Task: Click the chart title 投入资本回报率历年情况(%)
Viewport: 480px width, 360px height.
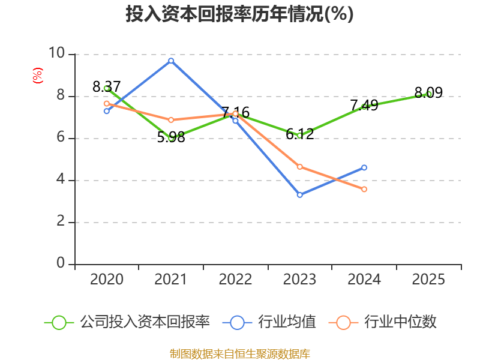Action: pos(239,14)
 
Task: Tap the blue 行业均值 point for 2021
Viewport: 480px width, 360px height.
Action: pos(171,61)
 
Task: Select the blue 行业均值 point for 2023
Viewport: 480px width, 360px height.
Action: pos(299,194)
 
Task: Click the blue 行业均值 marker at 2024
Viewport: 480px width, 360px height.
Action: pos(364,167)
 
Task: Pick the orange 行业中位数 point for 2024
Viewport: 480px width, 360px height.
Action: pos(364,189)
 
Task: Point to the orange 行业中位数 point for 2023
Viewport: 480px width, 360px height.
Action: pos(299,167)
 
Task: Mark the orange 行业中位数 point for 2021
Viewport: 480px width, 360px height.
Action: pos(171,119)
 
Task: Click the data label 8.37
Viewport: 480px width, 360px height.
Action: pos(107,86)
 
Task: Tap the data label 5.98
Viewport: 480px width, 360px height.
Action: pos(171,137)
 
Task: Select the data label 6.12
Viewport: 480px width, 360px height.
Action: pos(299,134)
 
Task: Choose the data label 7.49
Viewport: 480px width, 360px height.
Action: pos(364,106)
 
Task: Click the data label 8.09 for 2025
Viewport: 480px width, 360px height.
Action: pos(428,92)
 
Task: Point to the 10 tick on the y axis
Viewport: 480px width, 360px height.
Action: pos(56,53)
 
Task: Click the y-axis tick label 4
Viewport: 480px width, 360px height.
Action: pos(61,179)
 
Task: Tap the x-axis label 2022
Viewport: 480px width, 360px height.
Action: pos(235,279)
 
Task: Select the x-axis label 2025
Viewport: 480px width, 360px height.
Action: pos(428,279)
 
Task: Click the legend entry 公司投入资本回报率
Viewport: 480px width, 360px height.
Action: pos(127,322)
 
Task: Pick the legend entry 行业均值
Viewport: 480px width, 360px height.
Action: pos(269,322)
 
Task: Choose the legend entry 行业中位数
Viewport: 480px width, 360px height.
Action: pos(382,322)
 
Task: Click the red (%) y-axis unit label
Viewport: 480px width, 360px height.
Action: pos(38,76)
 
